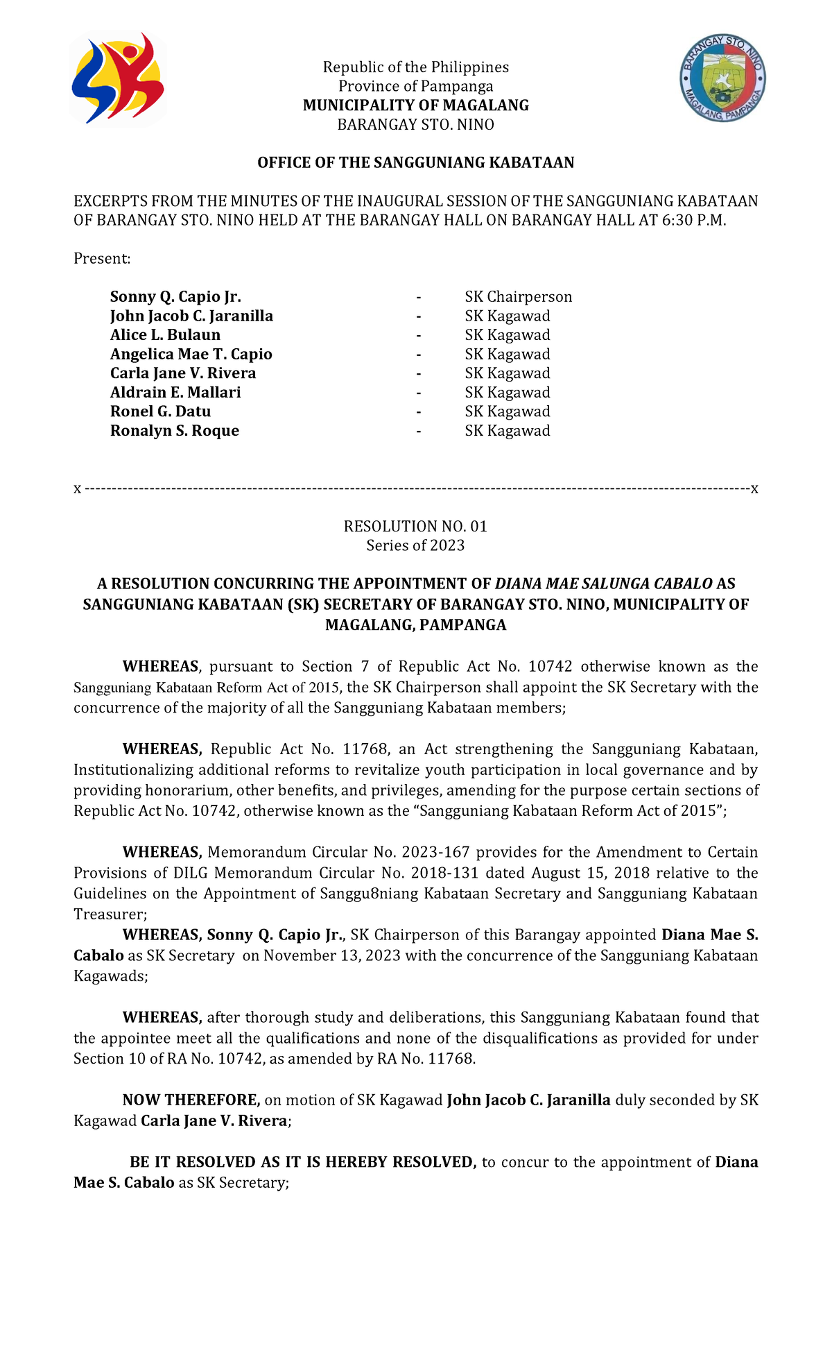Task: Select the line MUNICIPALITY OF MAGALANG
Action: click(415, 105)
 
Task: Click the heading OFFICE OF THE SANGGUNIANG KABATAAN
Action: click(415, 163)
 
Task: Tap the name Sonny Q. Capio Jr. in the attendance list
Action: click(175, 297)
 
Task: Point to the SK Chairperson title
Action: click(518, 297)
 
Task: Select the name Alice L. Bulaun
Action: click(165, 335)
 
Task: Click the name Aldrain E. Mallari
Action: click(175, 393)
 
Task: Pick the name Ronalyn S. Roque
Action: click(175, 431)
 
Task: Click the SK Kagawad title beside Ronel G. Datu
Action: click(507, 411)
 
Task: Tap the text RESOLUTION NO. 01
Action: click(415, 527)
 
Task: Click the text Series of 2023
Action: click(415, 545)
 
